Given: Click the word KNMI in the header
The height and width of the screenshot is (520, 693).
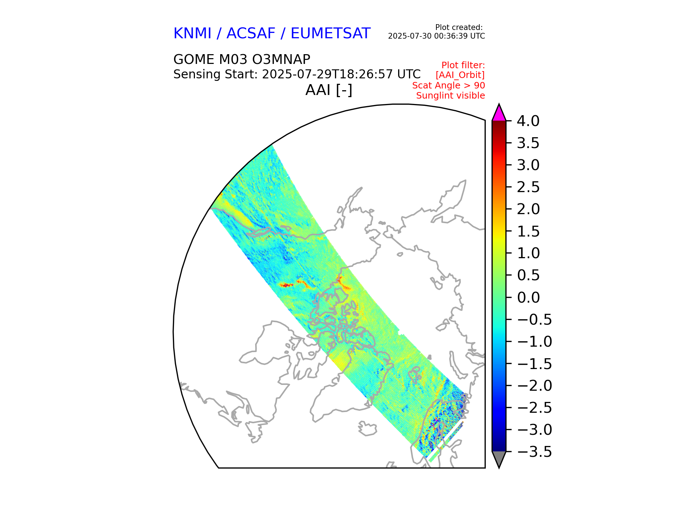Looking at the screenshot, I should click(192, 34).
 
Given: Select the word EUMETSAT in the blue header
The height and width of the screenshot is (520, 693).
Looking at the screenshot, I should click(330, 34).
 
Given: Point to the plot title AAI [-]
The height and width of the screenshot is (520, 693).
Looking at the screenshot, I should click(328, 90).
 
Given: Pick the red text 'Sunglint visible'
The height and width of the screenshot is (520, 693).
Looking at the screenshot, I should click(450, 96).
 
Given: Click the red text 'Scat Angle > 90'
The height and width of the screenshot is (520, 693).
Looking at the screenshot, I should click(448, 86).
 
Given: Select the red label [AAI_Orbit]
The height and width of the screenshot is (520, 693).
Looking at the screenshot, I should click(460, 75).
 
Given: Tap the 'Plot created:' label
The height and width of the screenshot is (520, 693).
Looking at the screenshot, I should click(459, 27).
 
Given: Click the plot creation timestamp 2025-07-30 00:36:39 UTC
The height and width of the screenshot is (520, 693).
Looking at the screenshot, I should click(436, 36).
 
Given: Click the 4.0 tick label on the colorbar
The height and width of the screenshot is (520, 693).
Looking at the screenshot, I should click(528, 121).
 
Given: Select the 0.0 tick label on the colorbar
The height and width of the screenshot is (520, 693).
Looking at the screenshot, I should click(528, 298).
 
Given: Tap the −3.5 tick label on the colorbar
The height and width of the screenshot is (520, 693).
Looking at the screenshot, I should click(534, 452).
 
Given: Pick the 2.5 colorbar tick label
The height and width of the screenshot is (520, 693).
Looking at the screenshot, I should click(528, 187).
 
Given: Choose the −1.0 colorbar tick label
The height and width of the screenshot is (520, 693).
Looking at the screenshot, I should click(534, 342).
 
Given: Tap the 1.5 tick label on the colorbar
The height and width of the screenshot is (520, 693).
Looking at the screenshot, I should click(528, 231).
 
